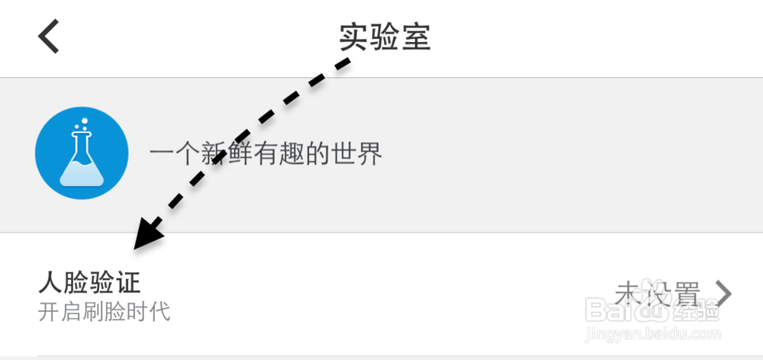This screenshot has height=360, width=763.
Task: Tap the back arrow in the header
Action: point(49,36)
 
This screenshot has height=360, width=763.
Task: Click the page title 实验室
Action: point(385,36)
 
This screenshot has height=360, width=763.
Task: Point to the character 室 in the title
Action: point(416,36)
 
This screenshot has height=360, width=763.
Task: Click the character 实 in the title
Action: point(354,36)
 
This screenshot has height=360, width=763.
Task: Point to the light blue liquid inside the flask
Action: point(81,173)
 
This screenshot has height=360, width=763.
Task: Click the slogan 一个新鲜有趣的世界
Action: point(266,156)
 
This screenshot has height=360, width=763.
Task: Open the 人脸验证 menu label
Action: point(90,282)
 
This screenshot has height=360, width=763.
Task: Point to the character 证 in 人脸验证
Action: point(129,282)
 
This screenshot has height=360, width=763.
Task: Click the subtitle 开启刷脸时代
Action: point(105,311)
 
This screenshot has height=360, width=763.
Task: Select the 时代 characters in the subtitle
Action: point(149,311)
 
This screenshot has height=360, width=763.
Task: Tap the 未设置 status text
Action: point(657,293)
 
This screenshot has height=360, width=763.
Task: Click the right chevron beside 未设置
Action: point(724,293)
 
